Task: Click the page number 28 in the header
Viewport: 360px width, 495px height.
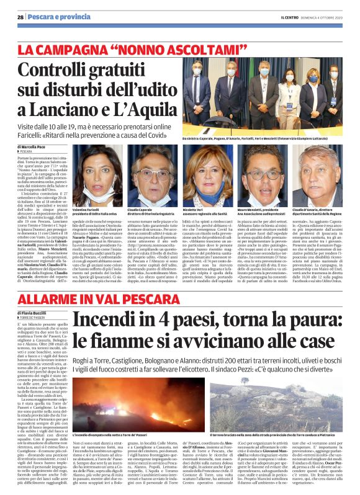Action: coord(20,17)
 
